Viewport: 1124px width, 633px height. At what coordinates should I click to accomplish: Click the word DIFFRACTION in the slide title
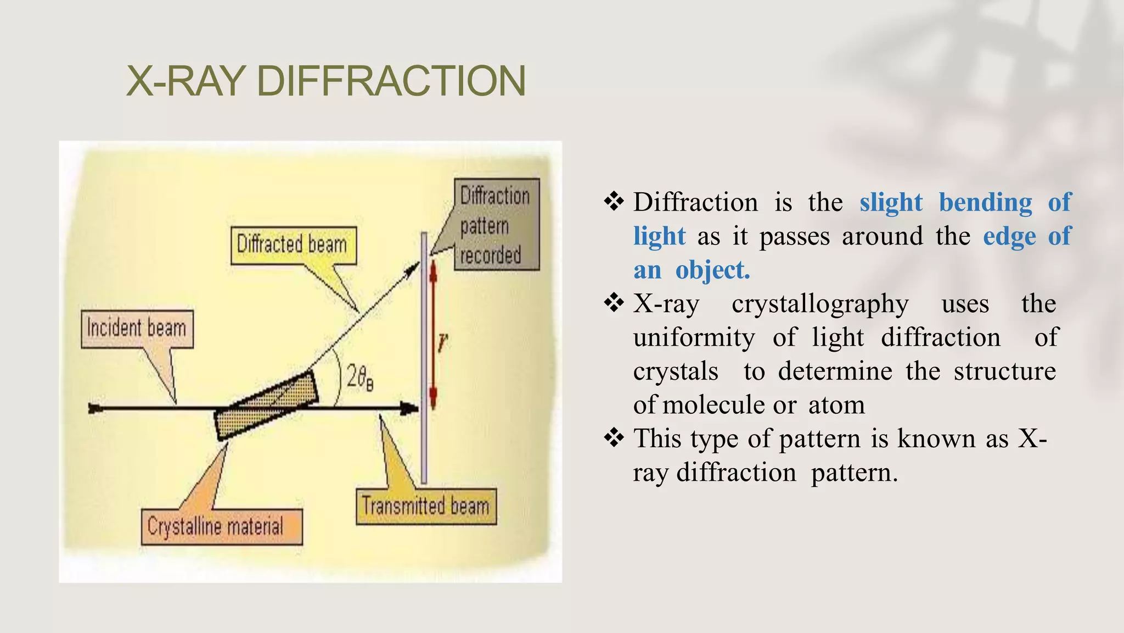pos(391,81)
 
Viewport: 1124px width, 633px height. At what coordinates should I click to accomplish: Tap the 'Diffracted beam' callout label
pos(293,245)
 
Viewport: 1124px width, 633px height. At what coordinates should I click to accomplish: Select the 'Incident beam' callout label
pos(137,329)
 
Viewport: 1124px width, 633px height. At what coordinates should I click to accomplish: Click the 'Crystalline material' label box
pos(221,526)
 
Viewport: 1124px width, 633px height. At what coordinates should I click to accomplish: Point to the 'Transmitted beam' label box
pos(426,506)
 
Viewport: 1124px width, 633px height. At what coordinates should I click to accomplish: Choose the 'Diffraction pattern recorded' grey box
pos(496,225)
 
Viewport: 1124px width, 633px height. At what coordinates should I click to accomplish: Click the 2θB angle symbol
pos(360,378)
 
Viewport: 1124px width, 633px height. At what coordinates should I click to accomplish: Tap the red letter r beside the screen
pos(443,343)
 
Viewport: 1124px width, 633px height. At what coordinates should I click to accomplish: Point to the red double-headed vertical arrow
pos(433,335)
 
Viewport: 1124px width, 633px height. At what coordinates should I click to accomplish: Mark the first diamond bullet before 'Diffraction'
pos(614,202)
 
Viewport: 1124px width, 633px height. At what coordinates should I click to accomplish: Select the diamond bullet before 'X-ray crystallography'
pos(614,303)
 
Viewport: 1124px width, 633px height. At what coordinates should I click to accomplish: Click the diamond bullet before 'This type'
pos(614,438)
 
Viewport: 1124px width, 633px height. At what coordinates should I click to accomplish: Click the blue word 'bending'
pos(985,202)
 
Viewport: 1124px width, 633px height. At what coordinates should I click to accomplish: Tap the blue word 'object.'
pos(712,270)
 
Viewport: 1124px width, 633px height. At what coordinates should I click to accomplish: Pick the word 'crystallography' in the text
pos(820,304)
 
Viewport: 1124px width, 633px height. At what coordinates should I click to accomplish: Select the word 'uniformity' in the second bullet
pos(694,337)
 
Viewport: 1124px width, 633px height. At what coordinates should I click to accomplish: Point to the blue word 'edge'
pos(1009,236)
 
